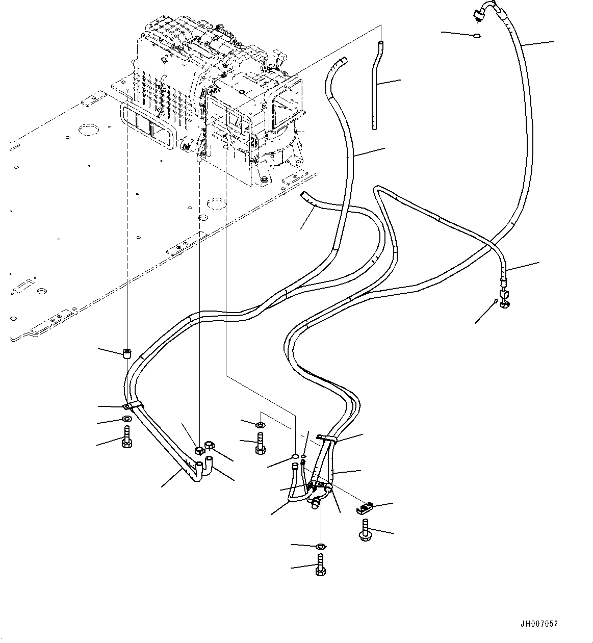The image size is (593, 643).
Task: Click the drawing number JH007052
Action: pos(539,624)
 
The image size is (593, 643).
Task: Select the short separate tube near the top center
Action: pos(377,84)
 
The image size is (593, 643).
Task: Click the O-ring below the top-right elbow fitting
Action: pos(476,36)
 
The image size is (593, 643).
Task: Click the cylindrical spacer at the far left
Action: pos(127,353)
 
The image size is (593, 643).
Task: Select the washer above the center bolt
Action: pos(260,425)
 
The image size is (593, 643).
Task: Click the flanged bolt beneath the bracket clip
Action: pos(365,530)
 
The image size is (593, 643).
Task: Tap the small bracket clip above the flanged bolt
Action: pos(365,508)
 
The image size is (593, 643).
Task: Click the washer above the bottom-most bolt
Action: pos(320,547)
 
